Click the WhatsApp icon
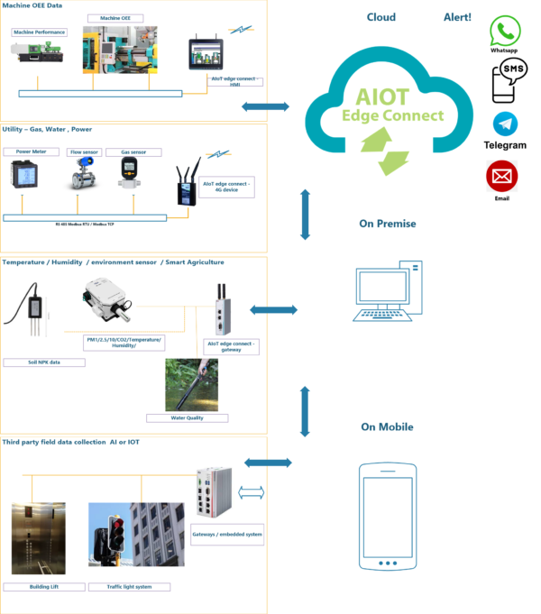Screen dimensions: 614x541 [x=505, y=31]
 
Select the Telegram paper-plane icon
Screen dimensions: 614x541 [x=505, y=124]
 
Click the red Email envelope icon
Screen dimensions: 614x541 [x=501, y=177]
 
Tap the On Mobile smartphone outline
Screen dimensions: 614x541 [x=387, y=516]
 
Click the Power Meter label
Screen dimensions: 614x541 [x=32, y=152]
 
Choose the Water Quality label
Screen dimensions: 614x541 [x=187, y=417]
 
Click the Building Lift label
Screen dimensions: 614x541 [x=42, y=586]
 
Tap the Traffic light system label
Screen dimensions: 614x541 [x=129, y=586]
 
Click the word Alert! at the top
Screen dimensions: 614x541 [x=457, y=18]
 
